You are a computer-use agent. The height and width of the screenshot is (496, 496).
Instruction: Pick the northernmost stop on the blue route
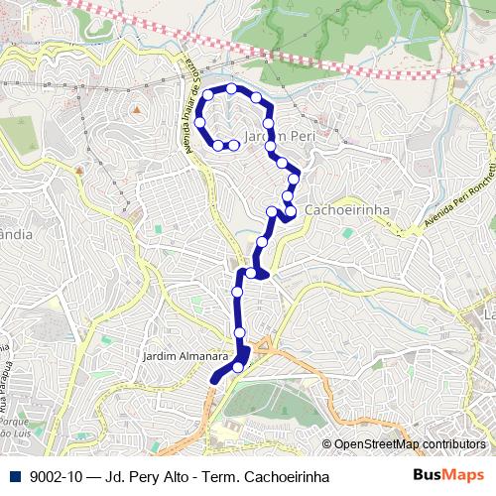coord(232,88)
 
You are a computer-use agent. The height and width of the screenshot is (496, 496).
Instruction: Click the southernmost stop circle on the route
coord(238,367)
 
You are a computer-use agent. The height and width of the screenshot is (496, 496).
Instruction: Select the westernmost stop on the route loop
coord(199,122)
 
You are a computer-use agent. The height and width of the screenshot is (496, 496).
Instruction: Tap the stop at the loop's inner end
coord(234,145)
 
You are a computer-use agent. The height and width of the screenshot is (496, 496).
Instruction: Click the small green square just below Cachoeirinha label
coord(347,232)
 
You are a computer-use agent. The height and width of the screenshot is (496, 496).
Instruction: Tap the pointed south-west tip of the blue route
coord(212,379)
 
